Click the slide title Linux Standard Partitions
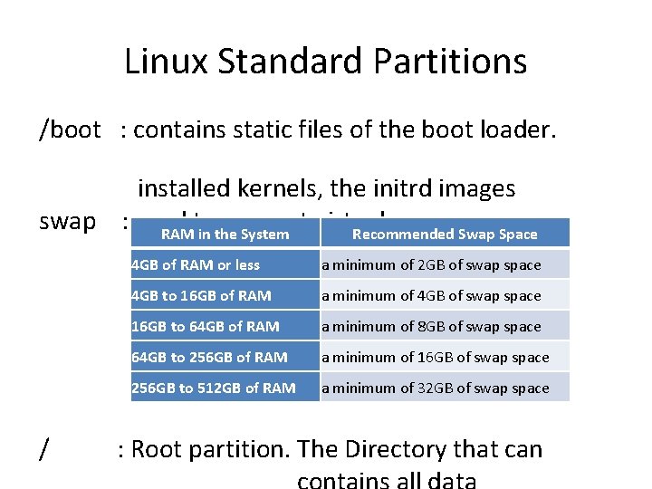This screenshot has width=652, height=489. point(325,62)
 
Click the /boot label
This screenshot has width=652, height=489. point(70,130)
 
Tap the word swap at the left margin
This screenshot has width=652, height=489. point(68,222)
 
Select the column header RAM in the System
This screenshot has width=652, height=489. point(225,235)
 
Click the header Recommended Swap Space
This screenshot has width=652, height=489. point(445,235)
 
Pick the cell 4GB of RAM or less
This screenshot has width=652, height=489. point(196,265)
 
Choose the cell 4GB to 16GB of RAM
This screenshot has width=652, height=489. point(200,296)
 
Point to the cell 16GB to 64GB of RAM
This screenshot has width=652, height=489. point(206,327)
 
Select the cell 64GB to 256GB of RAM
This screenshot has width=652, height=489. point(209,358)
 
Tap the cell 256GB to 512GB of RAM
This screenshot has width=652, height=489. point(214,388)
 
